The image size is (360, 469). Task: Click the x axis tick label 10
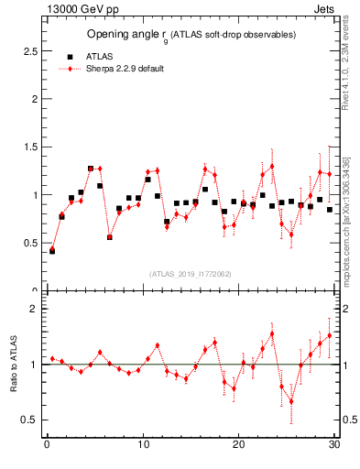pyautogui.click(x=143, y=446)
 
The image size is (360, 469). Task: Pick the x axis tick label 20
pyautogui.click(x=238, y=446)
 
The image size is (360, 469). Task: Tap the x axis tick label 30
pyautogui.click(x=334, y=446)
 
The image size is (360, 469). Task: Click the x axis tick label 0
pyautogui.click(x=47, y=446)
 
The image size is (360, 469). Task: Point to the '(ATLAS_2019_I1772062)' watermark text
pyautogui.click(x=190, y=273)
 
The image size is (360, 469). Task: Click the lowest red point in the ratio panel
pyautogui.click(x=291, y=400)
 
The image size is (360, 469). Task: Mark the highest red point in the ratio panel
pyautogui.click(x=272, y=333)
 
